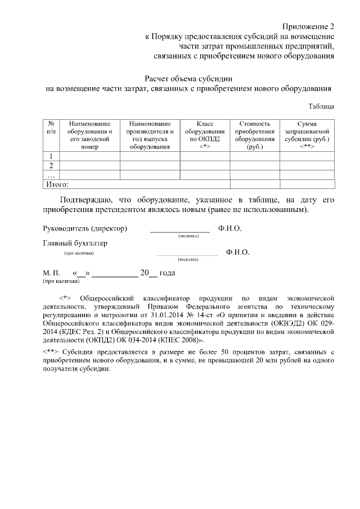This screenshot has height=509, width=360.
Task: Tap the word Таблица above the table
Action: [322, 106]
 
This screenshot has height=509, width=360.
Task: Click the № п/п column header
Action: [51, 127]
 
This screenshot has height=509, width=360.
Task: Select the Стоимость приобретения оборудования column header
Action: [255, 135]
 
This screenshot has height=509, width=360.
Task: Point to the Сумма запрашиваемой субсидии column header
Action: [307, 135]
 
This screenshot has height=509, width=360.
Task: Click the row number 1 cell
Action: [51, 156]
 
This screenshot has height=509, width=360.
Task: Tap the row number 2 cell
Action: [51, 165]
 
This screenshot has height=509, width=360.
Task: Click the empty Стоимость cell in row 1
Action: [255, 156]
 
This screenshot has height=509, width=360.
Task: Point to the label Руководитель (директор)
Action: [85, 229]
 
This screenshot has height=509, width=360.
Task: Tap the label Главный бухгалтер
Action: [75, 244]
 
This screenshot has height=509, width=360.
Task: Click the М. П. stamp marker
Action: [51, 273]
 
